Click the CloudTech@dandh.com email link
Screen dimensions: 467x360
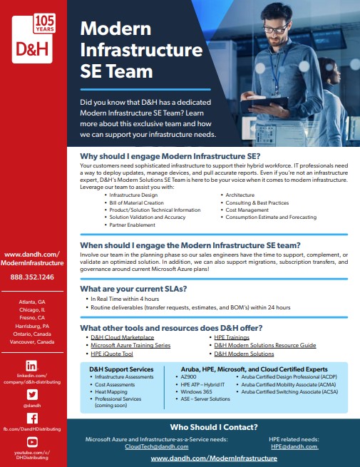pos(157,446)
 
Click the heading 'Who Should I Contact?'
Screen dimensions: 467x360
pos(213,427)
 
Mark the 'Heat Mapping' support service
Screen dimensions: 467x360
pos(113,391)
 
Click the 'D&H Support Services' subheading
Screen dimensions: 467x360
pos(121,369)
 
